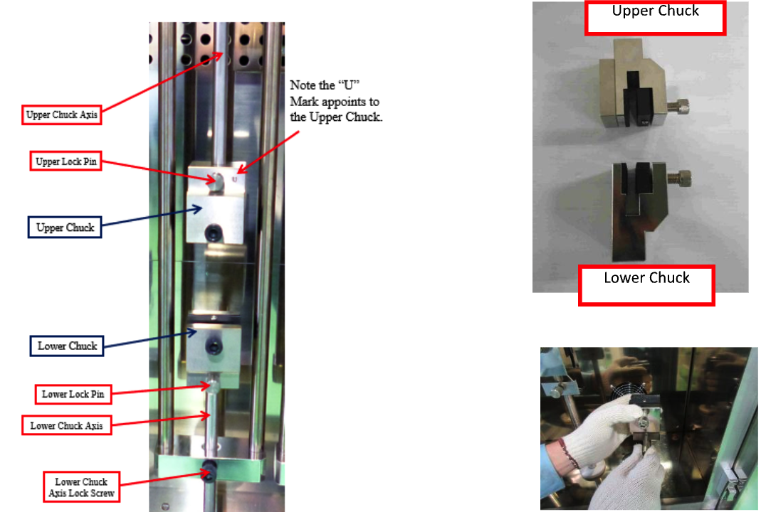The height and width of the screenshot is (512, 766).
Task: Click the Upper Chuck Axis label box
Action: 61,114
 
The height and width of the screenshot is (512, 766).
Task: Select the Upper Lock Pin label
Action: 66,161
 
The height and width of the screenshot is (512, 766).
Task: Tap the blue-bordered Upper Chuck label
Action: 65,228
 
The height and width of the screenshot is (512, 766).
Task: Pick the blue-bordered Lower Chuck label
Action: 67,346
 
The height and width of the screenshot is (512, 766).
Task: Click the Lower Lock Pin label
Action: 73,394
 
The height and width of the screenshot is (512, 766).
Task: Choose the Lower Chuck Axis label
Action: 66,426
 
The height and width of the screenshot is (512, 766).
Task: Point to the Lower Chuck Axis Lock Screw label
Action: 82,487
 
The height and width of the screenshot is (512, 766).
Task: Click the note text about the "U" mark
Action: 335,101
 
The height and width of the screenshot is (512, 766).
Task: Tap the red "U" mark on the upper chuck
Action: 234,180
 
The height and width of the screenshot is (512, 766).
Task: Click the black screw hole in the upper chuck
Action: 214,233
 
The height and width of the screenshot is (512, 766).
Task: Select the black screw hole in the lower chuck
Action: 214,347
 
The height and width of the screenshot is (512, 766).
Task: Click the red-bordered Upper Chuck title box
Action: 655,18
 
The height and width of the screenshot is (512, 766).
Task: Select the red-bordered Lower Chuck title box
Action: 646,286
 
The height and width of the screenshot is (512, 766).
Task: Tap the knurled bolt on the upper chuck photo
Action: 678,107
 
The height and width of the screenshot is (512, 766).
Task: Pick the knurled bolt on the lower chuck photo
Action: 679,178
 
